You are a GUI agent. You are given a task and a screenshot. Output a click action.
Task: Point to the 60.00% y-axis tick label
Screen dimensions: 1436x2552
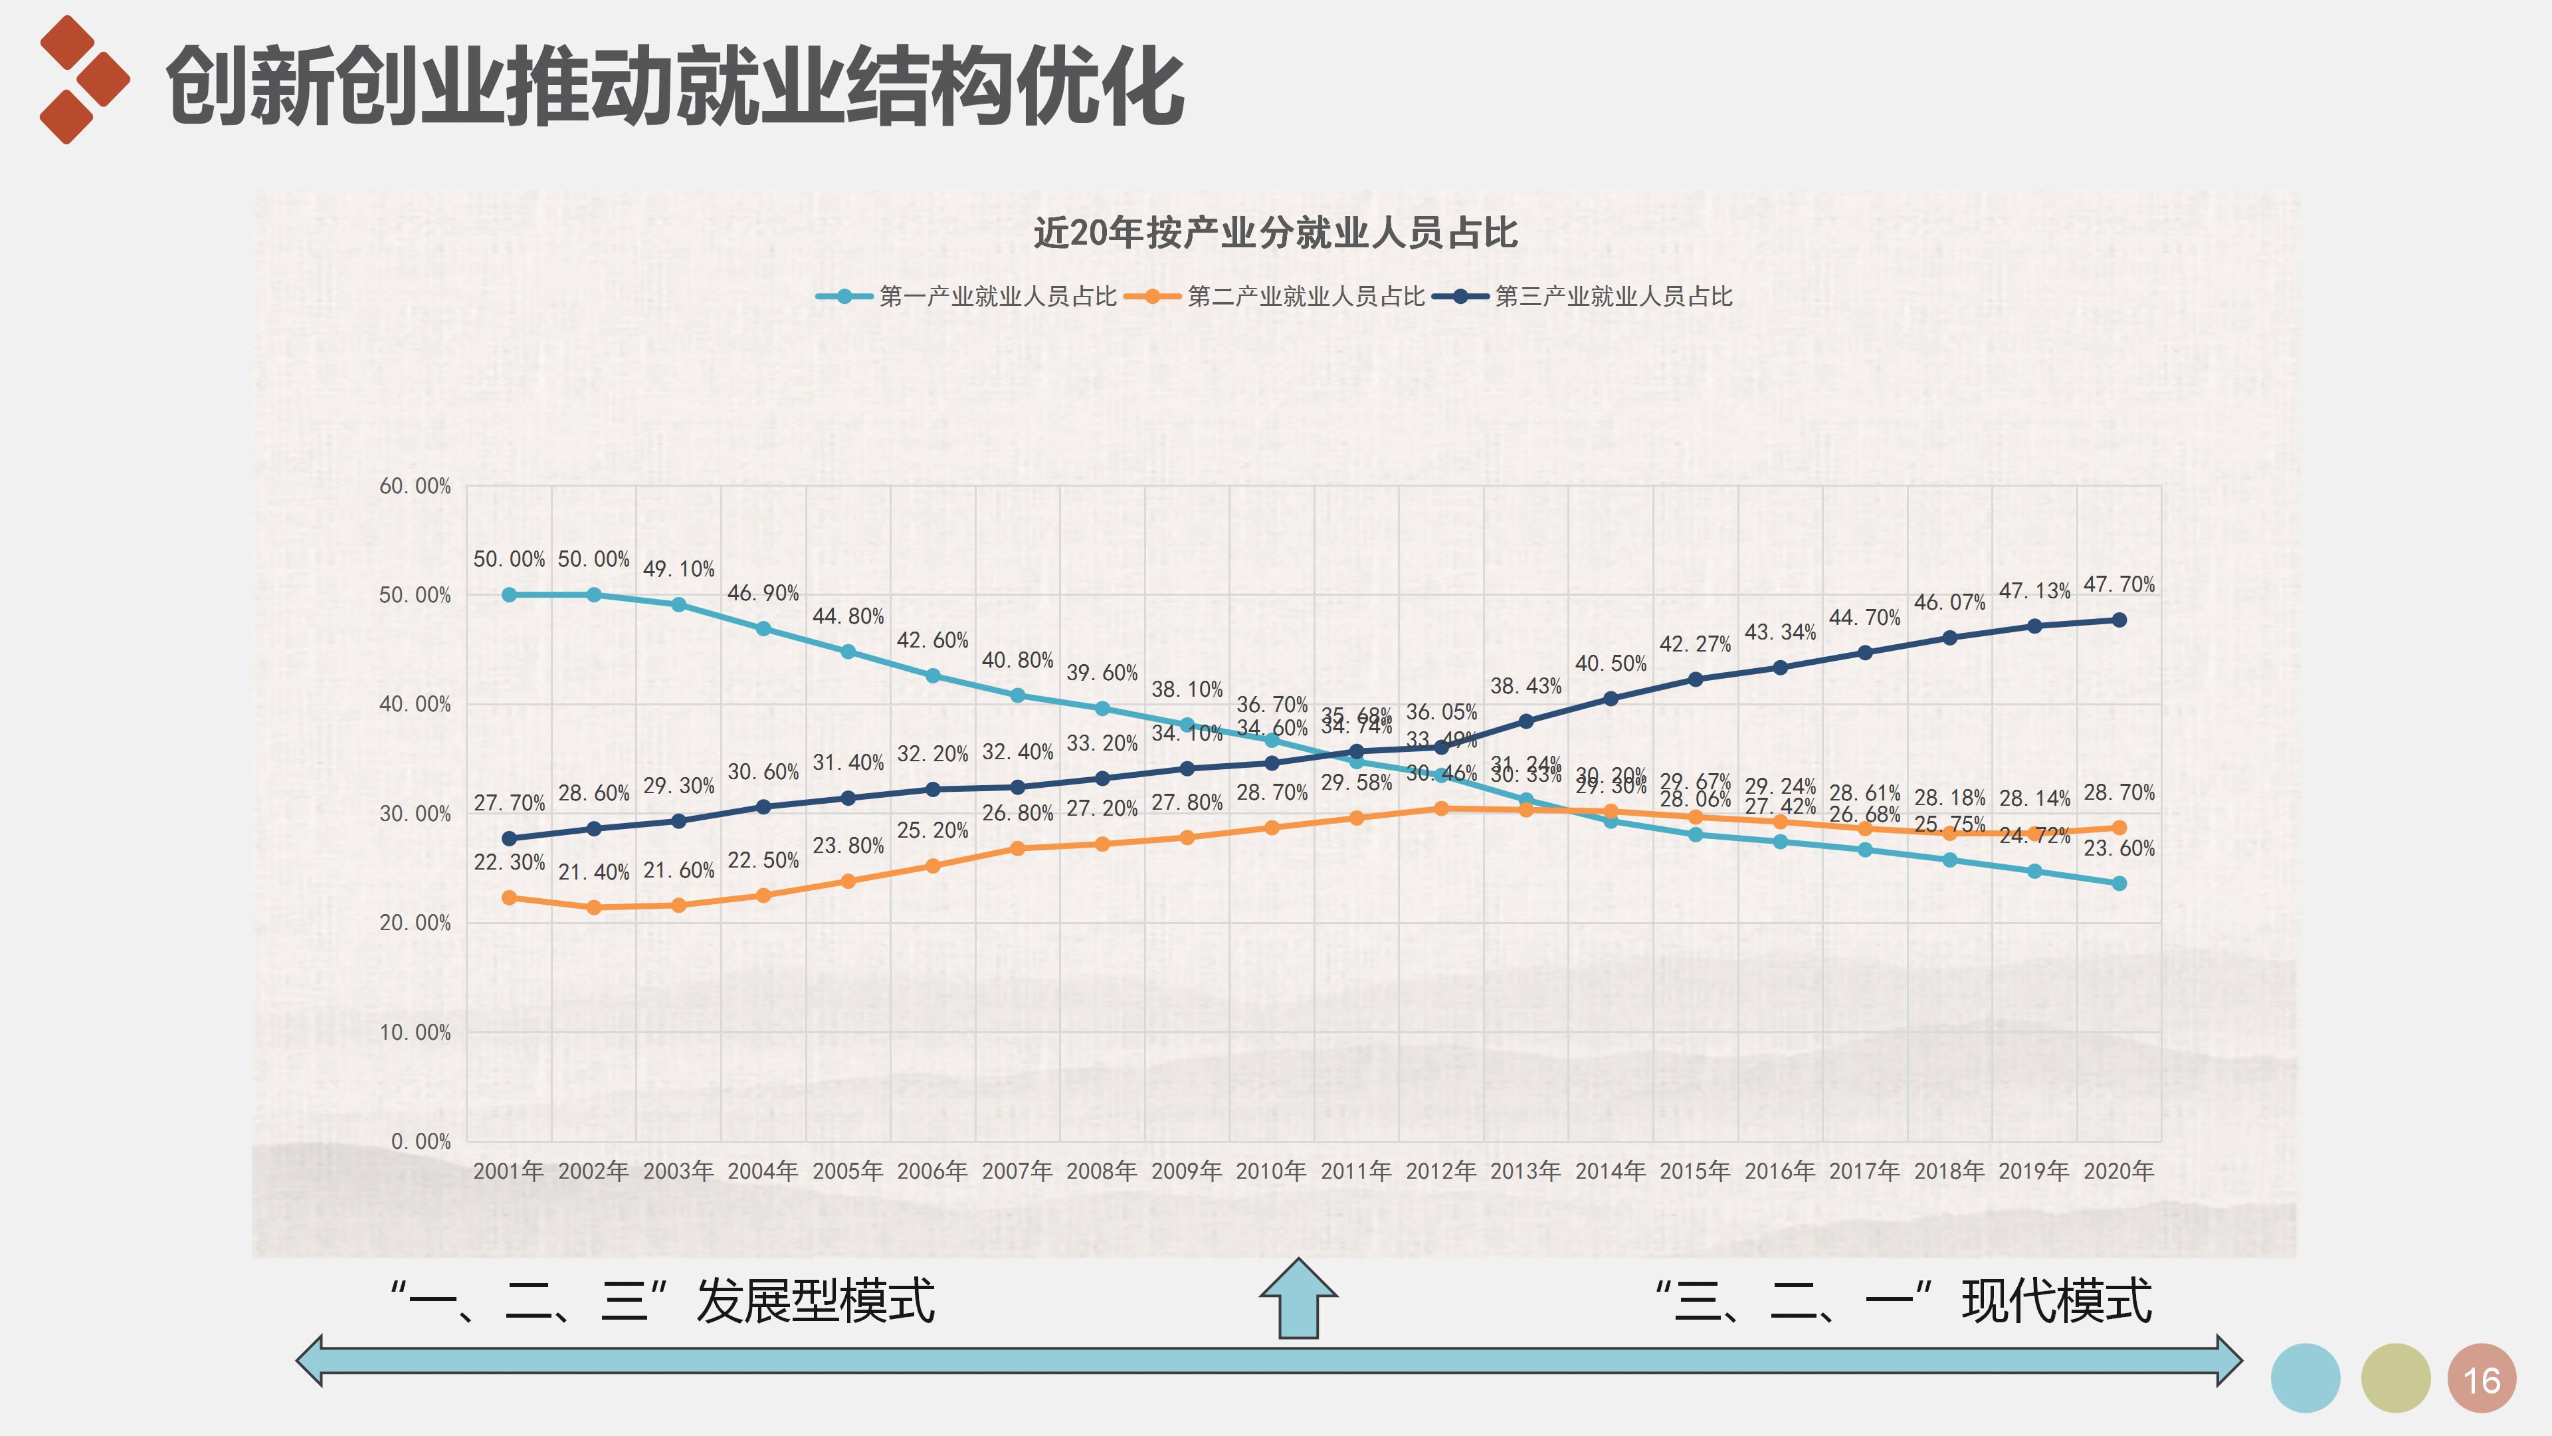point(415,485)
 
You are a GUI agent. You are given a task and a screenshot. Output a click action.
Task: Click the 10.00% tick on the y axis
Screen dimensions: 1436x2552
point(415,1032)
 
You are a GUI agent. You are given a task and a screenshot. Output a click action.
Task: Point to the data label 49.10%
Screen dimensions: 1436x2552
point(678,569)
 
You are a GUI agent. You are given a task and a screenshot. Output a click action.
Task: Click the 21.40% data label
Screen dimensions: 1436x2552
point(593,872)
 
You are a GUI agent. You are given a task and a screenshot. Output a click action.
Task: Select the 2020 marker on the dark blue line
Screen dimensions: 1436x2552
point(2119,620)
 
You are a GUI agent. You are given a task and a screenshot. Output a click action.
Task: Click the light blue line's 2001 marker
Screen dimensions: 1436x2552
point(509,594)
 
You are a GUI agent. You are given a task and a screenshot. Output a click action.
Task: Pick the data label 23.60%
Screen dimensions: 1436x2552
point(2118,848)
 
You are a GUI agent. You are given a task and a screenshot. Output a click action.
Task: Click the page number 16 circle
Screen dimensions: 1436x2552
point(2481,1379)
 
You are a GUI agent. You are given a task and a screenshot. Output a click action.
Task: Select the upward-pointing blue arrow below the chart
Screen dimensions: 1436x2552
point(1298,1298)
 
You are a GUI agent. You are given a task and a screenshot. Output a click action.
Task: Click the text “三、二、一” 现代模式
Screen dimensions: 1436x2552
point(1902,1301)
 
